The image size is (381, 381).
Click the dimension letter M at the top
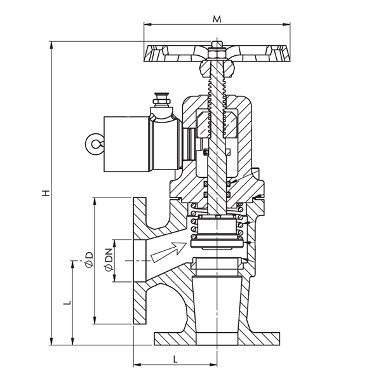point(217,18)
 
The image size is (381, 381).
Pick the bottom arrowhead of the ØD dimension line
point(94,319)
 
